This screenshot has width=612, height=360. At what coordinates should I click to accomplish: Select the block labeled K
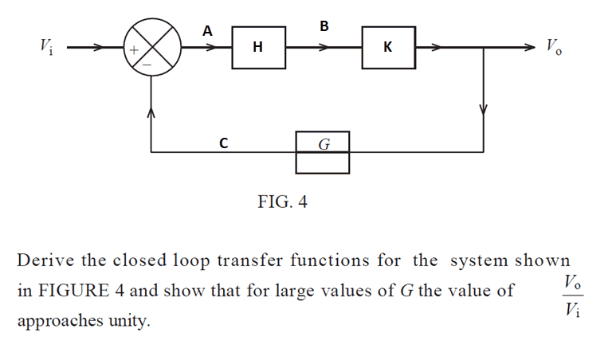(x=388, y=48)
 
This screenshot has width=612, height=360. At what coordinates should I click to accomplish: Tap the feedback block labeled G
(x=323, y=144)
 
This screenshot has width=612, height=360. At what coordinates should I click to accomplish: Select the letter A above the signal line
(x=208, y=31)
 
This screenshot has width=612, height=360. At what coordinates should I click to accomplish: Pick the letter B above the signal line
(x=324, y=27)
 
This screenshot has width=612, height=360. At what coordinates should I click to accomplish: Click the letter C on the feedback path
(x=224, y=144)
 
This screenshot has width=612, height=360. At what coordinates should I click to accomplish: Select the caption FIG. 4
(x=283, y=202)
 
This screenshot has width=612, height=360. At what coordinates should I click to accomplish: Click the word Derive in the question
(x=44, y=260)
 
